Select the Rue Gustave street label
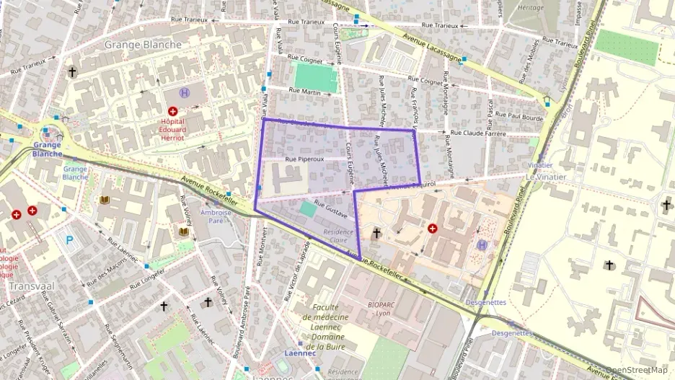(x=331, y=211)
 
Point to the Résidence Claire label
(x=339, y=237)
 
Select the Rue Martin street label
(x=304, y=91)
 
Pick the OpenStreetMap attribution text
(x=635, y=371)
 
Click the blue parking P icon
(x=69, y=240)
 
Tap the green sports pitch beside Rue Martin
(x=316, y=76)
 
